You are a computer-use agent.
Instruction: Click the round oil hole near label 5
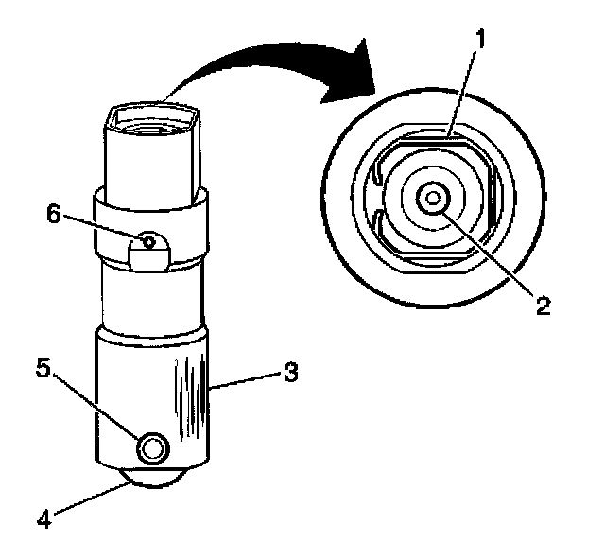150,448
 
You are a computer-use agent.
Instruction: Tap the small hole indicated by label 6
147,241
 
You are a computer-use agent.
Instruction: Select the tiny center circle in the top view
434,198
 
